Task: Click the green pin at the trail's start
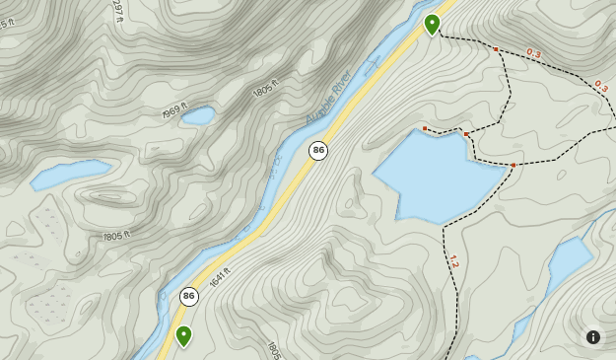pyautogui.click(x=432, y=23)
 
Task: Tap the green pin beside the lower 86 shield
pyautogui.click(x=183, y=334)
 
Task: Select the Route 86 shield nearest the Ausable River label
pyautogui.click(x=317, y=150)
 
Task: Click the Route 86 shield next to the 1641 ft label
pyautogui.click(x=189, y=296)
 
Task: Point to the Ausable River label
pyautogui.click(x=329, y=99)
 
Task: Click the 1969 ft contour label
pyautogui.click(x=173, y=113)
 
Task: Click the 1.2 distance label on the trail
pyautogui.click(x=453, y=261)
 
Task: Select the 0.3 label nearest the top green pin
pyautogui.click(x=534, y=53)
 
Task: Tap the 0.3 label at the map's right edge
pyautogui.click(x=600, y=87)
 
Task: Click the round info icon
pyautogui.click(x=593, y=337)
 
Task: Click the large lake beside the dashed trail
pyautogui.click(x=439, y=178)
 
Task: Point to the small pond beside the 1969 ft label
pyautogui.click(x=198, y=115)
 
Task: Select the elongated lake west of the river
pyautogui.click(x=71, y=174)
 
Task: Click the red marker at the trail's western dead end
pyautogui.click(x=425, y=128)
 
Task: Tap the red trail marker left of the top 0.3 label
pyautogui.click(x=496, y=48)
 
